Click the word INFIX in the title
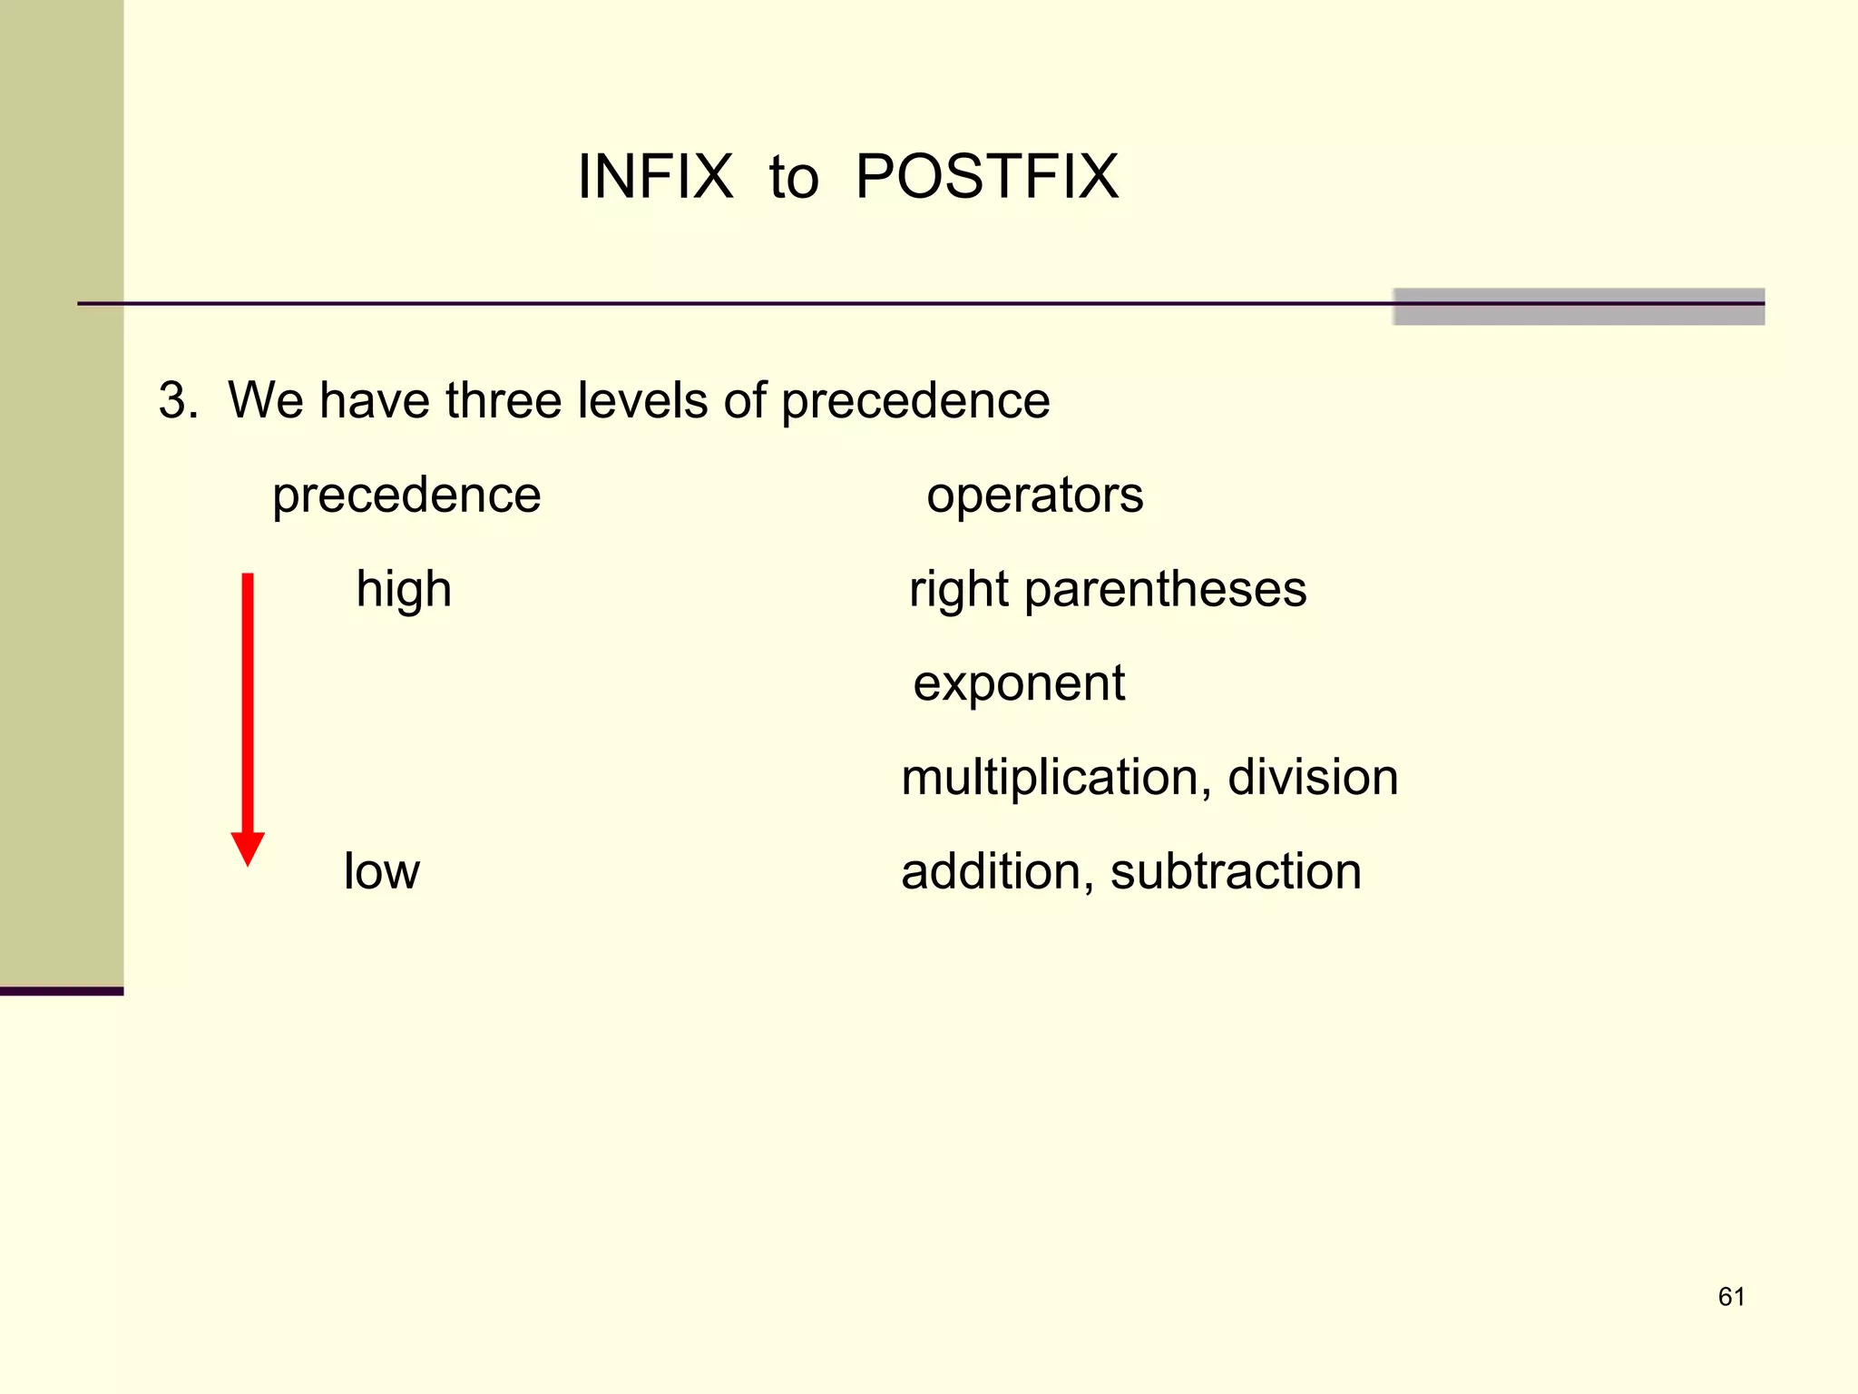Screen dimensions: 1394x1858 [x=655, y=177]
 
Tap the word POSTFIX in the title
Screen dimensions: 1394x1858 [x=987, y=177]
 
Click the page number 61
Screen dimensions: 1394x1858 [x=1731, y=1297]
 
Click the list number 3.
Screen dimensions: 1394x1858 [x=177, y=400]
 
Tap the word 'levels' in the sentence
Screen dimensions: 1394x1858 [x=642, y=400]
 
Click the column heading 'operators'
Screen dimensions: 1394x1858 [x=1034, y=496]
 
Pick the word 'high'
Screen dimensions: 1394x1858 [x=404, y=590]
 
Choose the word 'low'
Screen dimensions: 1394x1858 [x=381, y=872]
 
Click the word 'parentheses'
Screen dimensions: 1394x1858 [x=1166, y=590]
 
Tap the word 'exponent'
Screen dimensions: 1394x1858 [x=1019, y=685]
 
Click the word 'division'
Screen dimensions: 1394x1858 [x=1313, y=778]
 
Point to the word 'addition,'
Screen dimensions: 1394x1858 [x=997, y=872]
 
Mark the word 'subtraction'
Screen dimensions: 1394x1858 [x=1236, y=872]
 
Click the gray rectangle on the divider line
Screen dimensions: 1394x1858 [x=1579, y=307]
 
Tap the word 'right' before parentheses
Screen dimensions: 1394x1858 [x=958, y=590]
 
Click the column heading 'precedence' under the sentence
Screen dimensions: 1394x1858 [x=406, y=496]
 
